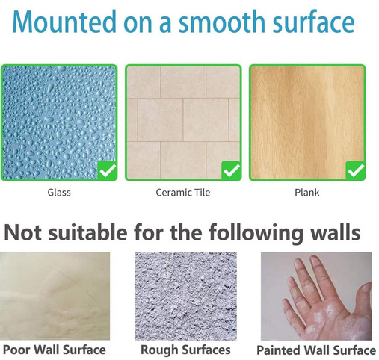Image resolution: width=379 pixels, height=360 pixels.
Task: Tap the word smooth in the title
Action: coord(223,22)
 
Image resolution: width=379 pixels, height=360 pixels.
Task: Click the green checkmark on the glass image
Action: coord(108,170)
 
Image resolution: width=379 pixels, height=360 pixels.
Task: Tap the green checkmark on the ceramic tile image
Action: coord(231,170)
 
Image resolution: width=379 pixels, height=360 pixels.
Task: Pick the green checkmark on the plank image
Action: coord(355,170)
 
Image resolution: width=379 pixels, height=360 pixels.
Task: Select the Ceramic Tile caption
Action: coord(182,192)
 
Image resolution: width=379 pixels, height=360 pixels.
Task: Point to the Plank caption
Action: coord(306,192)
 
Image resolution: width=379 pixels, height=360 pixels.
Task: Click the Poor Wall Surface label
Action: coord(54,349)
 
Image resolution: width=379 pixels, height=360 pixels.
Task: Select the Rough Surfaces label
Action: coord(185,349)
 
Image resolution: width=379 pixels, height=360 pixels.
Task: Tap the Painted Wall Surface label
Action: coord(315,349)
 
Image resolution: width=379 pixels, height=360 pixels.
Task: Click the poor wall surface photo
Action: coord(55,296)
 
